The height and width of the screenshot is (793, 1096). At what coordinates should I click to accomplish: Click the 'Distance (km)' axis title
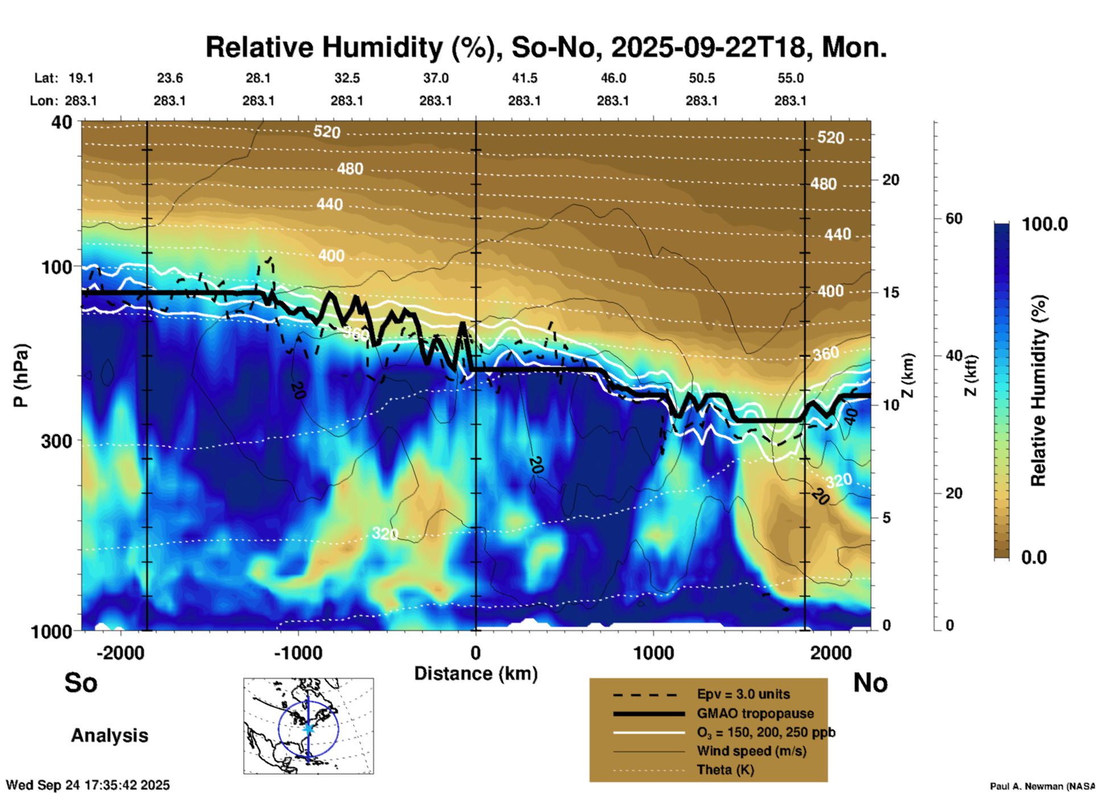tap(476, 674)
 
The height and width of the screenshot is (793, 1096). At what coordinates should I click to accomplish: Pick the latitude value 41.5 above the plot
tap(524, 78)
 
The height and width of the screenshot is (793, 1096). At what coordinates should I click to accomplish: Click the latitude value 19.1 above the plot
tap(81, 78)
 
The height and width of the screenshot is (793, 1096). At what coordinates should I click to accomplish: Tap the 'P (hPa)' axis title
tap(21, 375)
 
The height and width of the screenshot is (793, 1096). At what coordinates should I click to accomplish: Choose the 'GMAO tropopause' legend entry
tap(755, 713)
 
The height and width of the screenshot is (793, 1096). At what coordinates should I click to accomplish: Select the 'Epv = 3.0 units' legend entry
tap(743, 694)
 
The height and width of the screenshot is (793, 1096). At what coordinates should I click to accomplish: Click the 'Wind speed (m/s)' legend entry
tap(751, 751)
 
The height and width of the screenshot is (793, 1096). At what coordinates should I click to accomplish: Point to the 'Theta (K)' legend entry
tap(725, 770)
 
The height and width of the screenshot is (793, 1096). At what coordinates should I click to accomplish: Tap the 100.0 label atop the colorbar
tap(1045, 224)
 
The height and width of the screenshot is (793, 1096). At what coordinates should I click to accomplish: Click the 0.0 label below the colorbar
tap(1034, 557)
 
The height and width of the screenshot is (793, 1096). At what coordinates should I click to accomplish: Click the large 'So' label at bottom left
tap(81, 683)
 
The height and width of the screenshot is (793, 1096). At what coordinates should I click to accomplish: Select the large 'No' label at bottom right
tap(870, 683)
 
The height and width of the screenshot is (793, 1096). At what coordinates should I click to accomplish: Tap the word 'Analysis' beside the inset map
tap(109, 736)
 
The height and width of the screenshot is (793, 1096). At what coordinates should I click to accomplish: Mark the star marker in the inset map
tap(308, 728)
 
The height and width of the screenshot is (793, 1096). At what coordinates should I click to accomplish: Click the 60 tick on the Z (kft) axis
tap(954, 218)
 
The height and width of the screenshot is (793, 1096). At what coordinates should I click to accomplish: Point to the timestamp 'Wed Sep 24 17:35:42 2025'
tap(88, 785)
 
